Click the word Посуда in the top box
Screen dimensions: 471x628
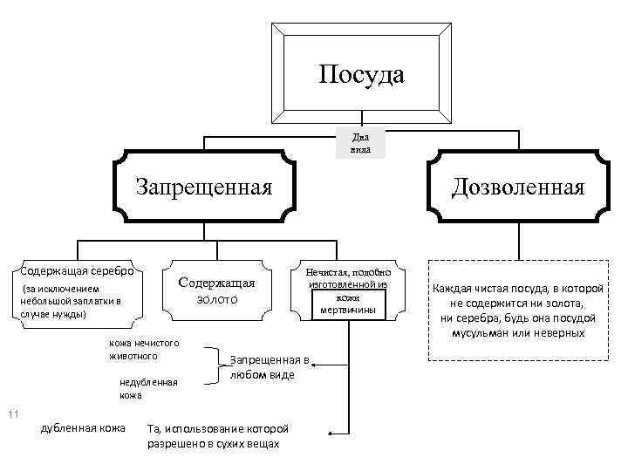click(x=361, y=74)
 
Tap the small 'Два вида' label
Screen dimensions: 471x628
click(x=361, y=143)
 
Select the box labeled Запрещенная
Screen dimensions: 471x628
click(x=201, y=187)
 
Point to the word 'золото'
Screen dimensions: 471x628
click(x=216, y=299)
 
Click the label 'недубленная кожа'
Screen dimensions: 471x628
click(x=148, y=388)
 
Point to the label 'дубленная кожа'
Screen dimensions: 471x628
click(x=82, y=427)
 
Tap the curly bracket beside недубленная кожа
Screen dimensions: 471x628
click(x=212, y=366)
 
